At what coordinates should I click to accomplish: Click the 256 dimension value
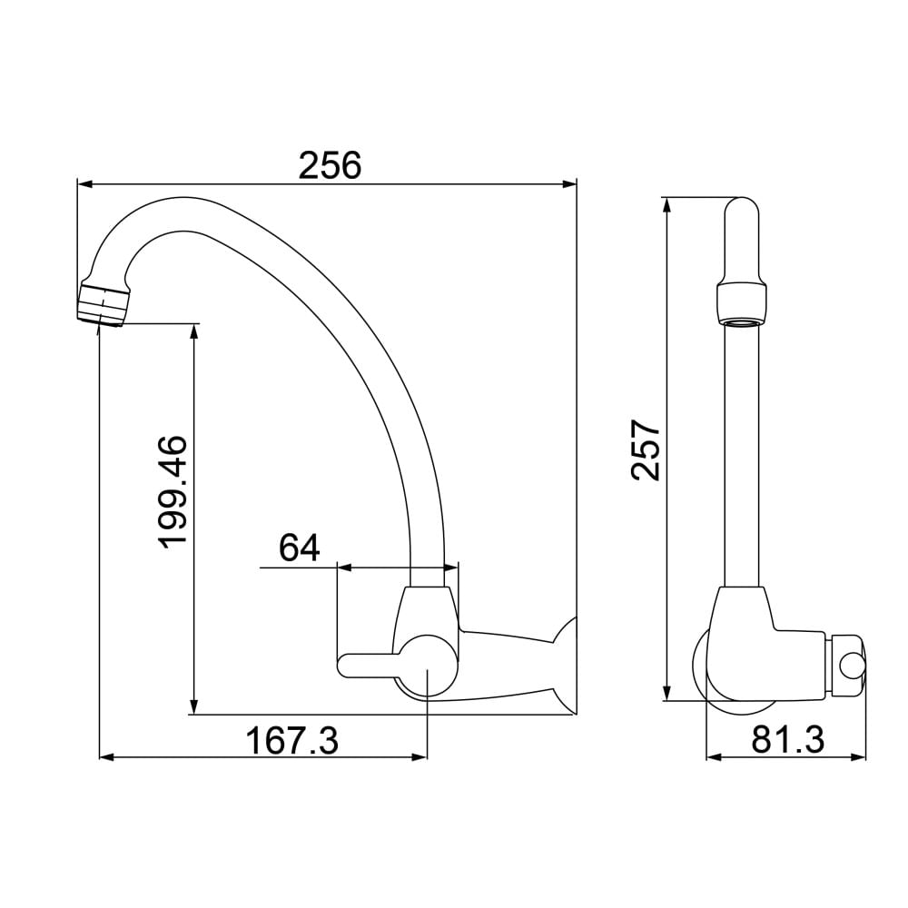330,165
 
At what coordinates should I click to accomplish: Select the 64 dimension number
300,548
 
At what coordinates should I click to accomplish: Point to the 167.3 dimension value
292,741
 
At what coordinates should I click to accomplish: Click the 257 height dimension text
646,450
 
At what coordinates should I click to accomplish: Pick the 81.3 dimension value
788,740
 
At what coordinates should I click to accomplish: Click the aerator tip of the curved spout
103,302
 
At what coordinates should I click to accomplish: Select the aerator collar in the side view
742,303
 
